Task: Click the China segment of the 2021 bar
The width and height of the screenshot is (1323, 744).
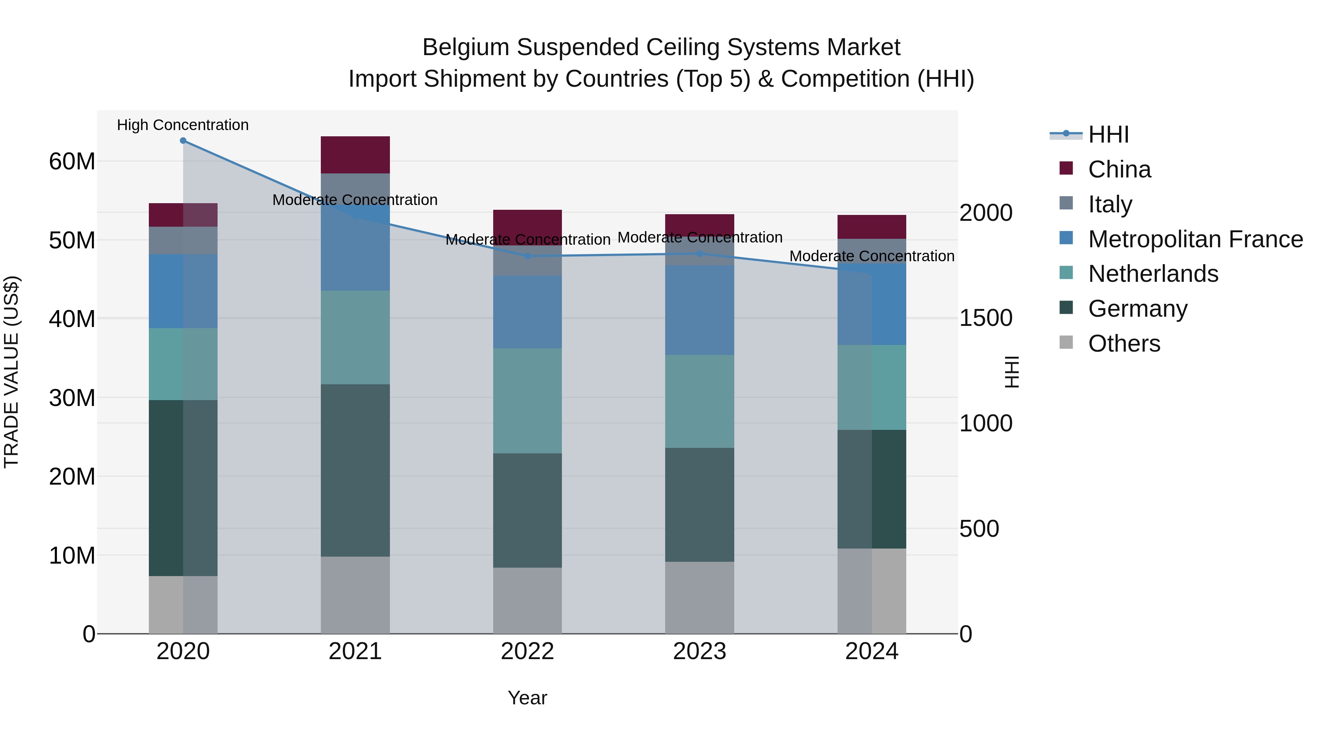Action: coord(355,155)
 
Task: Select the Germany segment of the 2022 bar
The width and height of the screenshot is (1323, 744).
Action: coord(527,510)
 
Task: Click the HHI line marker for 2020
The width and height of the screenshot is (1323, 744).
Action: coord(183,141)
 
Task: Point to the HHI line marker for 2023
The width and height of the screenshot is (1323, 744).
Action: coord(699,254)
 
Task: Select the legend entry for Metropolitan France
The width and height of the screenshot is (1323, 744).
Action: coord(1195,239)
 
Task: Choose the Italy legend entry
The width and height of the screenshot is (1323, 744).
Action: coord(1109,204)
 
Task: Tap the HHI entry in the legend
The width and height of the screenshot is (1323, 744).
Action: coord(1108,134)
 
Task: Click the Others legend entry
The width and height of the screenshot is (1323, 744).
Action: coord(1124,343)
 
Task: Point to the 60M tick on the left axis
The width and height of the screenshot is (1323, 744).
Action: coord(72,161)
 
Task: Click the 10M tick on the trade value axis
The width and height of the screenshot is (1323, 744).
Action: coord(72,555)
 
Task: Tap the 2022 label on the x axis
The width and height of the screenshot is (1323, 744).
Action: coord(527,651)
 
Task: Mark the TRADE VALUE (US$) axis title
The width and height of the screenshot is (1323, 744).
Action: coord(11,372)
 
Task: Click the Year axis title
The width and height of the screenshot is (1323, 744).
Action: coord(527,698)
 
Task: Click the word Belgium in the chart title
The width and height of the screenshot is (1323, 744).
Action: coord(465,47)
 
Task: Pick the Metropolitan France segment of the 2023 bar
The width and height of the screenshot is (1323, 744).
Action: coord(699,310)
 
